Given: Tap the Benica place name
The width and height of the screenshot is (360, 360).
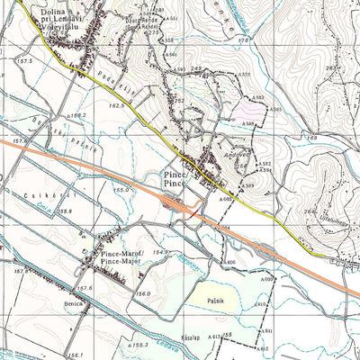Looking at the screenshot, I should point(74,304).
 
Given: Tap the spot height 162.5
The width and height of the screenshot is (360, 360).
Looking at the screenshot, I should point(115,105).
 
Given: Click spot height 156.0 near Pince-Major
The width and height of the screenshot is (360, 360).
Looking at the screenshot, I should point(141,292).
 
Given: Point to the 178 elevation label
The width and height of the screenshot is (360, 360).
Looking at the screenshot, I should point(241,39).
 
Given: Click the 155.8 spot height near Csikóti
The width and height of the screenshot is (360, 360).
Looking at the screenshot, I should point(63,211).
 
